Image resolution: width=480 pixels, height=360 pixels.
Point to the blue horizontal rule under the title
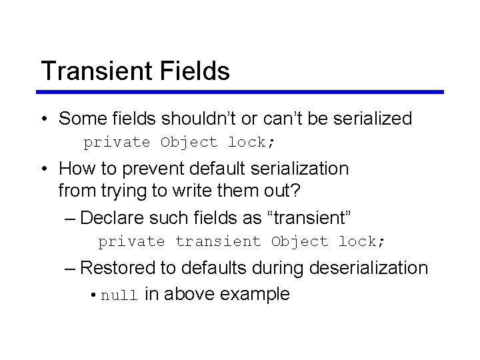click(x=240, y=92)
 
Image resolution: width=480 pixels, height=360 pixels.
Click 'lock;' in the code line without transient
click(x=251, y=143)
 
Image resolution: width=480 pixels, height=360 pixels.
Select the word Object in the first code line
click(x=189, y=143)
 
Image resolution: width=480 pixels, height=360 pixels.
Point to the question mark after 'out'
click(x=296, y=191)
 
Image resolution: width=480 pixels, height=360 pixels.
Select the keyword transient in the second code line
click(x=218, y=241)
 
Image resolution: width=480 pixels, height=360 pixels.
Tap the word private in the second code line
click(x=131, y=241)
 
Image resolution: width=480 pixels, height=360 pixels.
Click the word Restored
click(x=117, y=268)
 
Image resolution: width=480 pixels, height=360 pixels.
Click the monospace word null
click(x=119, y=295)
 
